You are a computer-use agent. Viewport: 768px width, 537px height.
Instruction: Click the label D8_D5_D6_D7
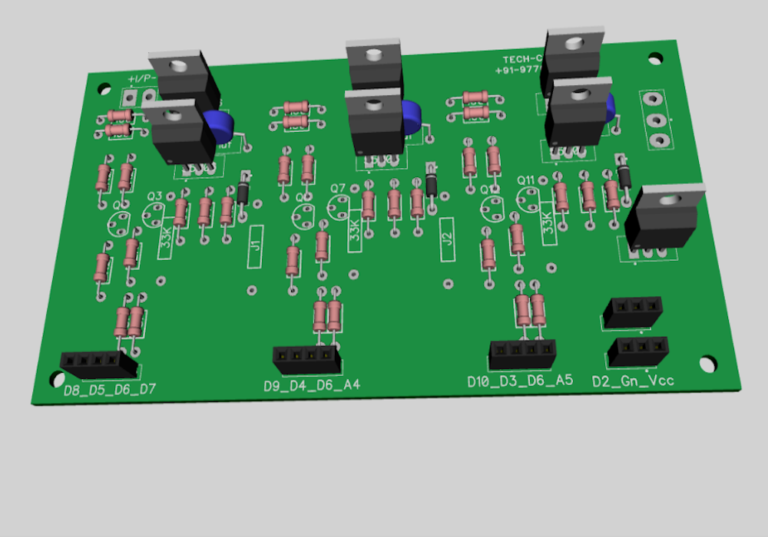[x=109, y=390]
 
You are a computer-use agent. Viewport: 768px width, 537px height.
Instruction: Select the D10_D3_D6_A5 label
[x=520, y=381]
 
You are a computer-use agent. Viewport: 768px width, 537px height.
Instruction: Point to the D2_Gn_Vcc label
[x=633, y=381]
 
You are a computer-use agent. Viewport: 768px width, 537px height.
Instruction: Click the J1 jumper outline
[x=256, y=246]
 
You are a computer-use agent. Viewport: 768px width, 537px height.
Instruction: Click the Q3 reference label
[x=154, y=196]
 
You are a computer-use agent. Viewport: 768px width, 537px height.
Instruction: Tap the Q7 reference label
[x=338, y=188]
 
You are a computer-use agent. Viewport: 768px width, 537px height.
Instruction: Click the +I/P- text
[x=143, y=80]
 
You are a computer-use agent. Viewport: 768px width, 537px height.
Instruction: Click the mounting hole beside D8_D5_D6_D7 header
[x=56, y=377]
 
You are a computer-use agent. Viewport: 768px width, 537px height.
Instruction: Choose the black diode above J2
[x=432, y=180]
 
